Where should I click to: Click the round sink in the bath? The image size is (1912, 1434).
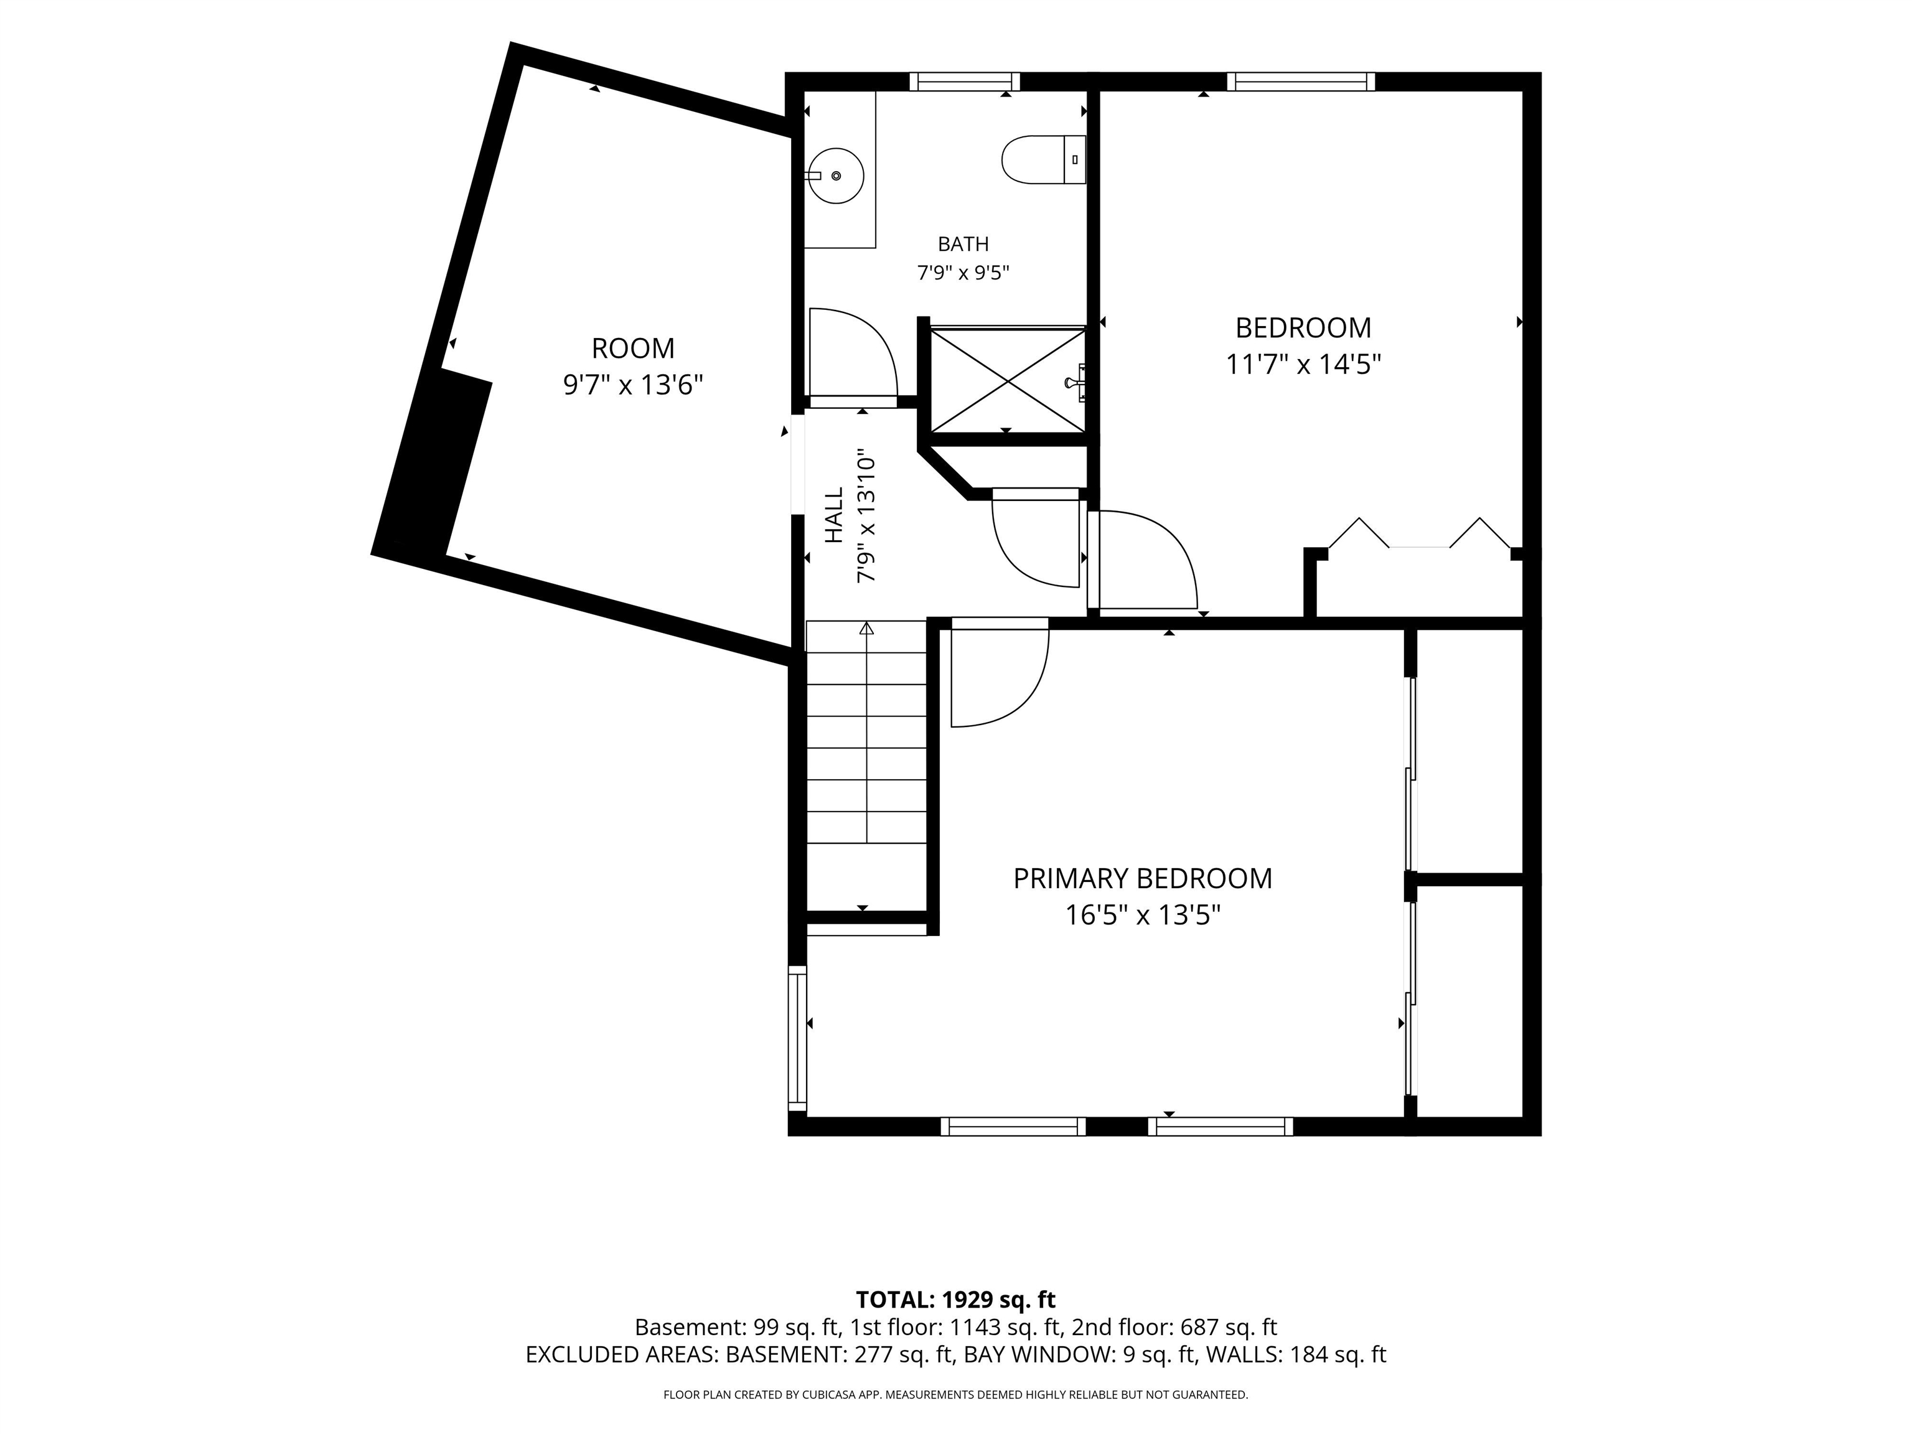pyautogui.click(x=836, y=176)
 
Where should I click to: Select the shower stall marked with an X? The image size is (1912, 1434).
pyautogui.click(x=1007, y=378)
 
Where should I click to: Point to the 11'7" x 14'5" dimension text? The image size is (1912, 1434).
pyautogui.click(x=1303, y=365)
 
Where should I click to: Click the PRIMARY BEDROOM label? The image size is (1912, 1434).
pyautogui.click(x=1142, y=878)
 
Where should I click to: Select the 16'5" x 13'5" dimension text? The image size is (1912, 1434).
pyautogui.click(x=1142, y=914)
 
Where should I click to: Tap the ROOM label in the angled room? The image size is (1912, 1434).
pyautogui.click(x=633, y=349)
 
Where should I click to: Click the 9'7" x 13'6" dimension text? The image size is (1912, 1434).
pyautogui.click(x=633, y=385)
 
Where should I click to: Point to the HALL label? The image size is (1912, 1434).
pyautogui.click(x=833, y=515)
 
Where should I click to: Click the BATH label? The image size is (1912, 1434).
pyautogui.click(x=963, y=244)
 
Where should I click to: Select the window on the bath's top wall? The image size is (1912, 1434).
pyautogui.click(x=965, y=82)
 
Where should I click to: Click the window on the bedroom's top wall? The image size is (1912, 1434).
pyautogui.click(x=1301, y=82)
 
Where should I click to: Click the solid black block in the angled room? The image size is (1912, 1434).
pyautogui.click(x=432, y=462)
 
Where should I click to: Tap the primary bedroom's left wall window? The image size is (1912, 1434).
pyautogui.click(x=797, y=1038)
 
